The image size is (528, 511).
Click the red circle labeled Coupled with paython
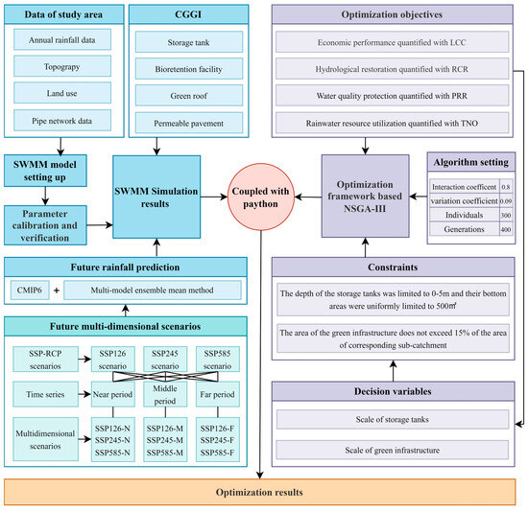(x=261, y=197)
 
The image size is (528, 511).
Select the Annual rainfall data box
(x=62, y=39)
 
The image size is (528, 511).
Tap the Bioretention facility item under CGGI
(x=189, y=69)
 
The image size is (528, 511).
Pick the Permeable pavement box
(x=189, y=123)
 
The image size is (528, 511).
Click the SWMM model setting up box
(x=45, y=171)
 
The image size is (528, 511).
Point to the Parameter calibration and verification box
(x=45, y=225)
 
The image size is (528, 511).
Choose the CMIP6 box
(x=30, y=290)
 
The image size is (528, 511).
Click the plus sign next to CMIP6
(x=57, y=290)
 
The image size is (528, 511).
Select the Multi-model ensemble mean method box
(x=153, y=290)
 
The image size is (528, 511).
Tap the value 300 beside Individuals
(x=506, y=215)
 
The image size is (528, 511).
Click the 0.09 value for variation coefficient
(x=506, y=201)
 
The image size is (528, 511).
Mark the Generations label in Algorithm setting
(x=464, y=229)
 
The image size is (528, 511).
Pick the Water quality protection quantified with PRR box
(x=392, y=96)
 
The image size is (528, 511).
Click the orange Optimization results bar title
(x=259, y=492)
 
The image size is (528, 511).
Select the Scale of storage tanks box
(x=393, y=419)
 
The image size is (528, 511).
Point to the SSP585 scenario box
(x=218, y=360)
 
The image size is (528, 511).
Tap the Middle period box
(x=165, y=394)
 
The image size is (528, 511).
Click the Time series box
(x=45, y=394)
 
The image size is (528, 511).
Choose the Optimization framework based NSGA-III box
(x=366, y=197)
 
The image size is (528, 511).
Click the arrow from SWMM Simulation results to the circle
(x=214, y=197)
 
